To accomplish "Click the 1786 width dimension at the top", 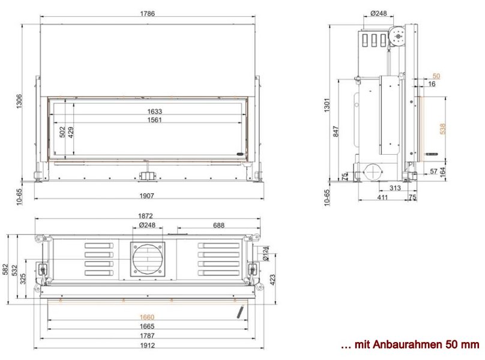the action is pyautogui.click(x=147, y=14).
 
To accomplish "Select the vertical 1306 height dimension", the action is pyautogui.click(x=19, y=101).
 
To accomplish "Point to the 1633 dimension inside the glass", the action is pyautogui.click(x=154, y=112).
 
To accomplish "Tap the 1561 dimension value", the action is pyautogui.click(x=154, y=119).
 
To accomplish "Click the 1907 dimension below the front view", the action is pyautogui.click(x=146, y=196).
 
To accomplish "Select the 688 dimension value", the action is pyautogui.click(x=218, y=225).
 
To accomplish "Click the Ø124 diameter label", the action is pyautogui.click(x=266, y=253).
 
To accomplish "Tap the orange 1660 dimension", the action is pyautogui.click(x=147, y=317).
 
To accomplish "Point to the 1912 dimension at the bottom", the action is pyautogui.click(x=147, y=345).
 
